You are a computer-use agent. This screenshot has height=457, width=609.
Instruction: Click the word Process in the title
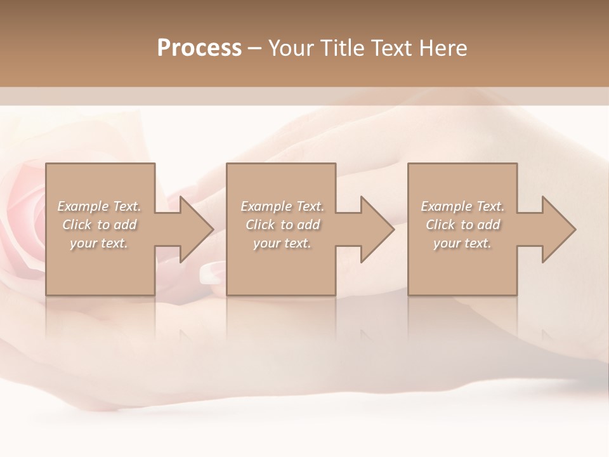coord(199,48)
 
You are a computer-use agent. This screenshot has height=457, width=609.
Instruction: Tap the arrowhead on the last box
coord(558,229)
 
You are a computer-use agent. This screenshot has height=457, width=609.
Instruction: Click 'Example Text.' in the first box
coord(99,206)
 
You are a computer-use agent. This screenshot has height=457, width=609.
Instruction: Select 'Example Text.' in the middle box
coord(282,206)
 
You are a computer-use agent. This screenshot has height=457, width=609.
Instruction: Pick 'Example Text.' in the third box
coord(462,206)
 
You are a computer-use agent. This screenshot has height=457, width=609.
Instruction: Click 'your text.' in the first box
coord(99,243)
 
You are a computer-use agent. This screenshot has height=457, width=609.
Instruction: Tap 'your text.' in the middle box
coord(282,243)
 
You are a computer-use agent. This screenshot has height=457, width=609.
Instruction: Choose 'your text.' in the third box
coord(462,243)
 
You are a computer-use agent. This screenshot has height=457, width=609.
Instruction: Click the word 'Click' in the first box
coord(77,225)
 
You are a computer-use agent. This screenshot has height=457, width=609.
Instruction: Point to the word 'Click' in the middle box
coord(260,225)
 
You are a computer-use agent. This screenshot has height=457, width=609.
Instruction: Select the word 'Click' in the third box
coord(440,225)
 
